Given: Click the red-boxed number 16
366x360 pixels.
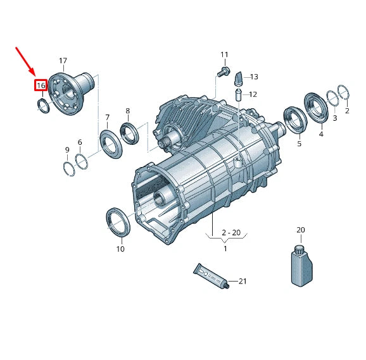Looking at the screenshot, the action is click(41, 85).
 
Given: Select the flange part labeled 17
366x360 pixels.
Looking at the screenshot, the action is click(71, 93).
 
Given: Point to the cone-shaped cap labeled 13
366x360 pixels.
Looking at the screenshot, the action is click(239, 80).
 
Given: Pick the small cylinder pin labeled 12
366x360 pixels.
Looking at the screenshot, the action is click(238, 95).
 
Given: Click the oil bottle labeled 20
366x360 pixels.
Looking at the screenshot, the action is click(301, 265).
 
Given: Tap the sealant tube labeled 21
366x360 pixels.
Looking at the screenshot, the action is click(211, 276).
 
